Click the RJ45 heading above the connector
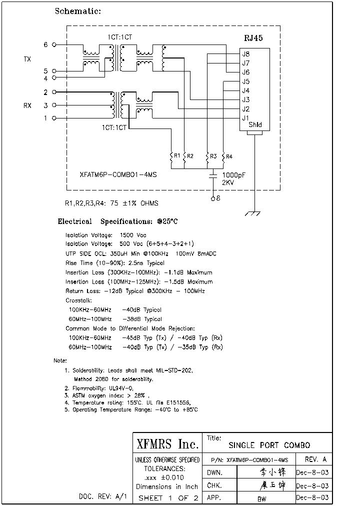coord(253,38)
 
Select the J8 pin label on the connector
coord(245,54)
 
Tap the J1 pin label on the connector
coord(245,118)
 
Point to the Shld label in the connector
coord(255,125)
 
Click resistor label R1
coord(176,156)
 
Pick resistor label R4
coord(229,156)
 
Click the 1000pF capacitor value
coord(233,175)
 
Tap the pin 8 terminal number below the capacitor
coord(218,198)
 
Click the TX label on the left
coord(27,59)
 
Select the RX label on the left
coord(27,105)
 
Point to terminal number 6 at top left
coord(45,44)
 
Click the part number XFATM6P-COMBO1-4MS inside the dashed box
coord(118,175)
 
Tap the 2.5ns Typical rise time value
coord(146,263)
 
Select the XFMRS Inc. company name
coord(167,444)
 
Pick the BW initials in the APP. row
coord(261,498)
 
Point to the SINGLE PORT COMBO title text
coord(269,445)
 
